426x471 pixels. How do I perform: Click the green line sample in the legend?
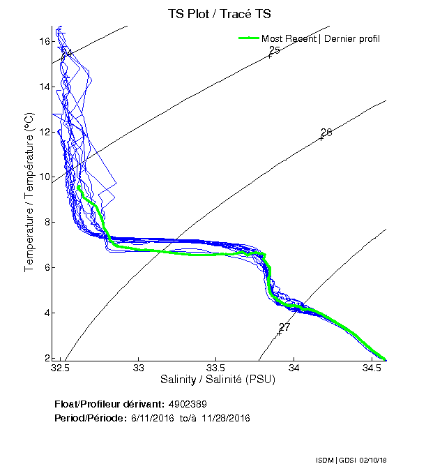(248, 38)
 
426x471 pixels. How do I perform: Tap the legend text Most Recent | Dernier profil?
(321, 38)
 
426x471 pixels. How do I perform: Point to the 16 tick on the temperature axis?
(44, 42)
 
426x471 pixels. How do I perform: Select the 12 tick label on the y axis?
(44, 132)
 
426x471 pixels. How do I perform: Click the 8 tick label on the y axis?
(46, 223)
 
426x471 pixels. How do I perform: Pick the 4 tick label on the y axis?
(46, 313)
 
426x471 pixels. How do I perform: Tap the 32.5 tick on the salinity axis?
(61, 368)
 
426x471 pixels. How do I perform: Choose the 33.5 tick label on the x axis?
(216, 368)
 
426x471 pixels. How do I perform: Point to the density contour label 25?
(274, 50)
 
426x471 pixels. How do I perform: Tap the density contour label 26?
(326, 133)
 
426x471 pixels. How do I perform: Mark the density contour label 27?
(284, 327)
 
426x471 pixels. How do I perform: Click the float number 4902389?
(187, 404)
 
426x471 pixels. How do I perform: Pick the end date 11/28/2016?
(225, 418)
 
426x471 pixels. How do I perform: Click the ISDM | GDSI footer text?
(334, 461)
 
